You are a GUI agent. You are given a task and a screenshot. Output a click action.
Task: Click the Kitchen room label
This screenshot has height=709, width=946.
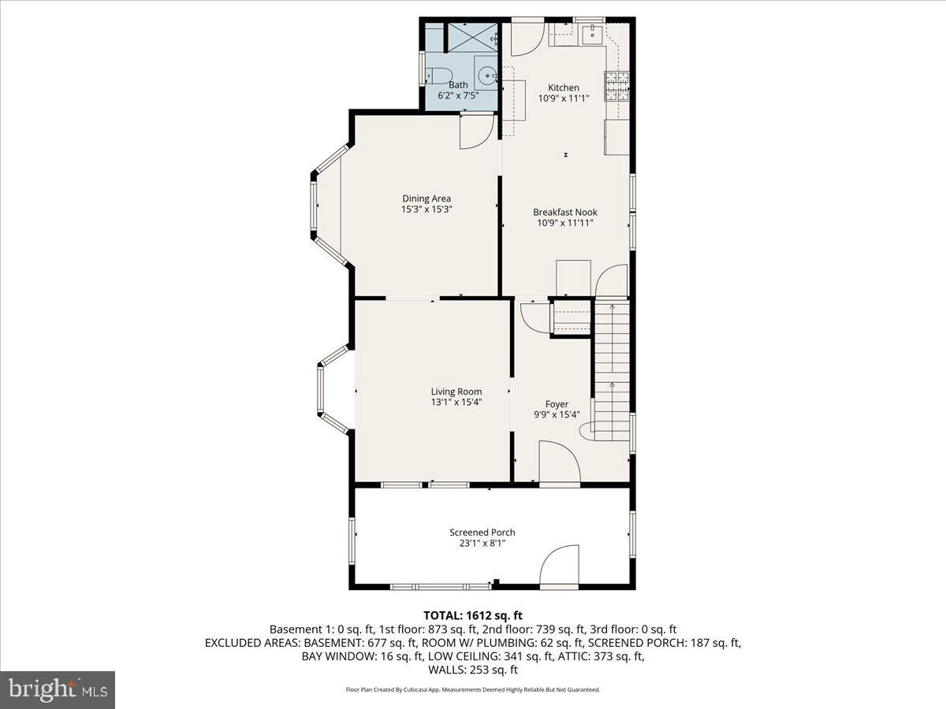(x=564, y=87)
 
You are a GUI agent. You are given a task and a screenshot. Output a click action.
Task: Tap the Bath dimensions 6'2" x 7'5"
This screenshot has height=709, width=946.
(x=458, y=95)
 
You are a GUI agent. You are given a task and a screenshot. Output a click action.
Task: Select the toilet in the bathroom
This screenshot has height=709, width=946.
(x=433, y=76)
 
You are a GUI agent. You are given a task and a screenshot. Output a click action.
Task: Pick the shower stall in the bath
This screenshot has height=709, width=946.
(x=473, y=37)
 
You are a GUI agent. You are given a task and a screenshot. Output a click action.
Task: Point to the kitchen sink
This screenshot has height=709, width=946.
(x=592, y=34)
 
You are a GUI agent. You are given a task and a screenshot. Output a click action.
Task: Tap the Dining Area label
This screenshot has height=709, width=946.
(x=426, y=199)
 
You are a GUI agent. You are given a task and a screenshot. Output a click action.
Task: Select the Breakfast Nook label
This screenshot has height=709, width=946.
(x=565, y=212)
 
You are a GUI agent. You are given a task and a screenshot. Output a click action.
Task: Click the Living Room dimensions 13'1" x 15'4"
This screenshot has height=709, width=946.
(x=456, y=402)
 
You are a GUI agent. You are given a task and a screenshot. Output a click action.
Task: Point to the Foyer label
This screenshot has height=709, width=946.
(x=557, y=404)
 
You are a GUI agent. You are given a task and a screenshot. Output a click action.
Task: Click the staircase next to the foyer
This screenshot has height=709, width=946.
(x=612, y=362)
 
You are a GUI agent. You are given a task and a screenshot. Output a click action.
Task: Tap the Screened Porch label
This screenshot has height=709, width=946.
(x=482, y=533)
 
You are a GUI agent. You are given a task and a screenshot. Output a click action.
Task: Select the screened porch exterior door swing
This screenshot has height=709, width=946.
(x=559, y=566)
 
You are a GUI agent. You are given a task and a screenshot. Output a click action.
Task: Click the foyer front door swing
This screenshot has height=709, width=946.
(x=558, y=462)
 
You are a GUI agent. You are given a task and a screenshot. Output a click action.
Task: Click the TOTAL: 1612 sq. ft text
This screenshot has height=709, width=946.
(x=473, y=615)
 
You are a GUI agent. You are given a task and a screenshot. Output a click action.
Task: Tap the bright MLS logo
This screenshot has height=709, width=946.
(x=58, y=690)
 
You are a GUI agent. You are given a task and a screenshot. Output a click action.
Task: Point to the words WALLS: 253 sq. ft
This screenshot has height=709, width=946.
(x=473, y=670)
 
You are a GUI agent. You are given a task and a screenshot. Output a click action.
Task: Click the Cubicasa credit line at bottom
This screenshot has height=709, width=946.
(x=473, y=690)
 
